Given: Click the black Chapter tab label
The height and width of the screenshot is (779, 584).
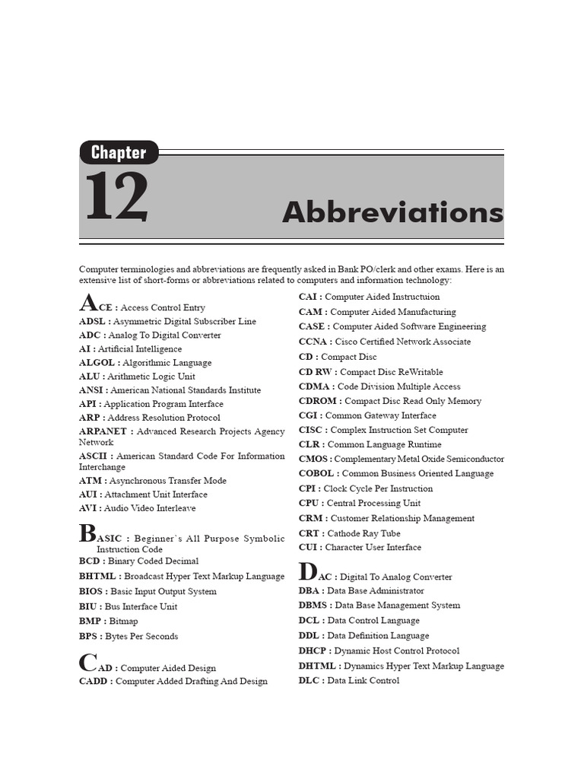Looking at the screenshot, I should [x=119, y=152].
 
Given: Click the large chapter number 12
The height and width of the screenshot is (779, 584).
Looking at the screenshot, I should [x=116, y=197].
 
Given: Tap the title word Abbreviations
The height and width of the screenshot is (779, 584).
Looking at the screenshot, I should [x=392, y=212].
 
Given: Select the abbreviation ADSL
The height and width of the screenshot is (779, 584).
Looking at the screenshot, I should [x=91, y=322].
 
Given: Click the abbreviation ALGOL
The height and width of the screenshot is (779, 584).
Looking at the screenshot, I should [x=96, y=363].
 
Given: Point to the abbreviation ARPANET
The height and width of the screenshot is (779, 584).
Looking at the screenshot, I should [x=103, y=431].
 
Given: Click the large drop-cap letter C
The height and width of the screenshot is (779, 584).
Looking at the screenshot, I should [x=87, y=663].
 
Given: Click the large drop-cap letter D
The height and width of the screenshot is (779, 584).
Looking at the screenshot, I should [x=307, y=571].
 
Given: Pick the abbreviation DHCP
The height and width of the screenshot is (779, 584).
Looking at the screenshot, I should [x=313, y=651].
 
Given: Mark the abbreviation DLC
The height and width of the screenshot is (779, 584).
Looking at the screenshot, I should [x=309, y=681].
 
